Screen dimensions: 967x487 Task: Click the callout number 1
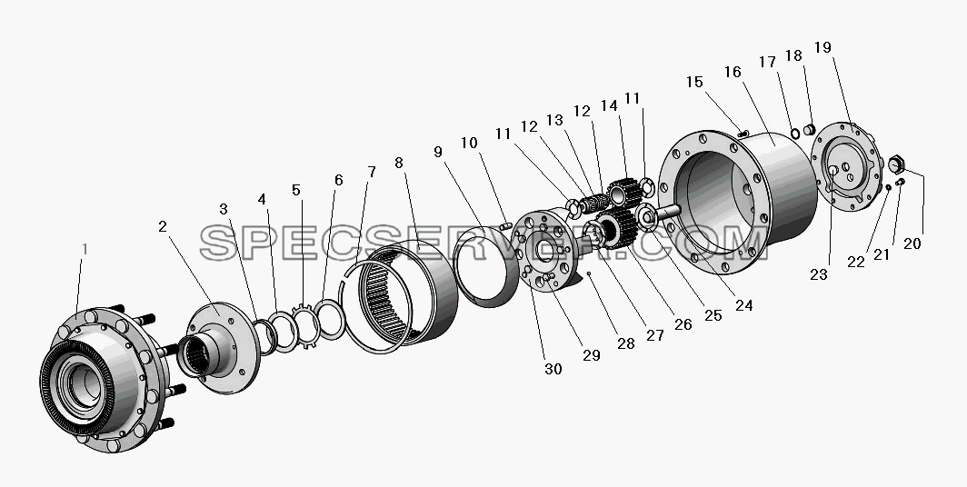coord(85,249)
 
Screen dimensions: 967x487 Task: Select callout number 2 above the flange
coord(162,226)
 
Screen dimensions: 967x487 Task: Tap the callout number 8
coord(399,163)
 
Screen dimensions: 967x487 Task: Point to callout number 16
coord(733,72)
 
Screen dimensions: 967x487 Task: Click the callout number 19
coord(822,47)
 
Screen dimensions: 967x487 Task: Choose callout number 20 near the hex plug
coord(912,243)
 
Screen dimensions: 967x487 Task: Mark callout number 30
coord(553,369)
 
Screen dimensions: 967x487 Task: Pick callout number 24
coord(744,304)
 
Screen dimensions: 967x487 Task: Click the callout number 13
coord(555,120)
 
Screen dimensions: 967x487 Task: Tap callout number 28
coord(626,343)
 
